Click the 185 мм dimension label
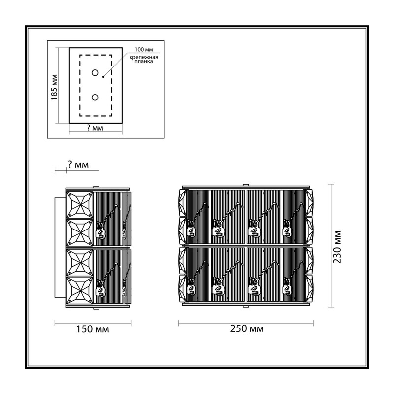point(54,87)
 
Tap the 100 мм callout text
point(144,50)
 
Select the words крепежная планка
point(144,59)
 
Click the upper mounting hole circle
point(95,73)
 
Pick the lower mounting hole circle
point(95,97)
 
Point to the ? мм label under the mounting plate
point(95,128)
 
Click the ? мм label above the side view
point(78,164)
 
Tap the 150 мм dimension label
point(93,329)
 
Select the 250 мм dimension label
point(247,328)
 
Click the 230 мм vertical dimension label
point(337,247)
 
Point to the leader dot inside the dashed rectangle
point(103,77)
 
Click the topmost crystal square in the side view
point(79,205)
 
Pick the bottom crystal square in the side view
point(79,290)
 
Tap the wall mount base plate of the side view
point(60,248)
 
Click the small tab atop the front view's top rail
point(246,185)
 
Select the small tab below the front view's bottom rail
point(246,307)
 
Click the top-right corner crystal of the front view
point(309,203)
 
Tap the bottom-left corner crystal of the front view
point(182,289)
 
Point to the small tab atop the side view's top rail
point(96,187)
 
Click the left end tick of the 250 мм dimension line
point(179,323)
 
